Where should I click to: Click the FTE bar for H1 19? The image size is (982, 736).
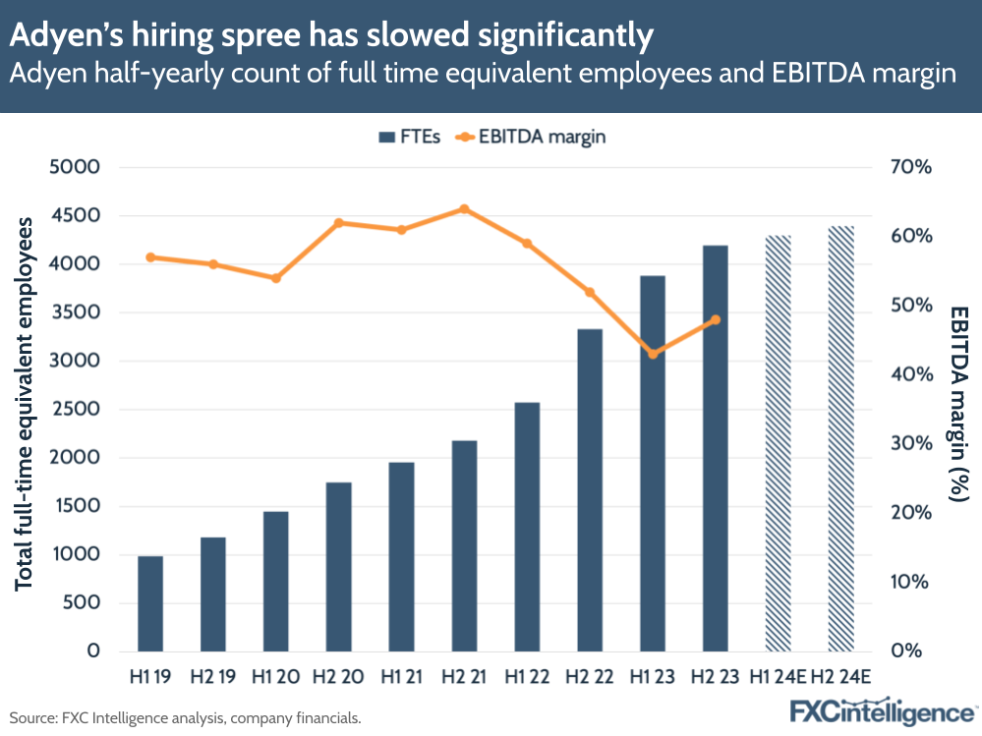(150, 603)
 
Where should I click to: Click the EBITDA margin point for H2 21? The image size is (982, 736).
(464, 208)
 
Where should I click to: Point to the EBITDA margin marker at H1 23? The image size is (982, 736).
(653, 354)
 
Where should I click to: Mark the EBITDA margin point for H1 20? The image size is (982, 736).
(276, 278)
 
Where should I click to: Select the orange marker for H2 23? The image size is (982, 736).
(716, 319)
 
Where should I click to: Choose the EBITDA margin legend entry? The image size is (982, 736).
(531, 137)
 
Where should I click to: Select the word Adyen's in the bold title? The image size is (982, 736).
(65, 36)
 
